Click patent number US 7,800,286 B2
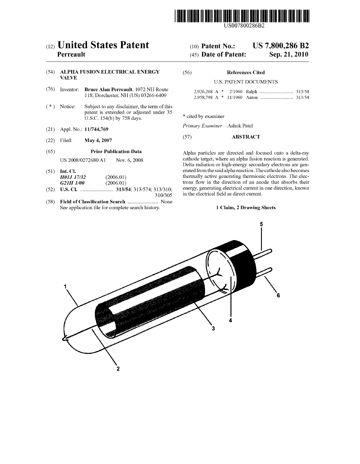281,46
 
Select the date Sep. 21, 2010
288,55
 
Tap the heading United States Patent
103,45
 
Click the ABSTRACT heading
246,137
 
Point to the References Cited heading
246,72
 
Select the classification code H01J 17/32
73,177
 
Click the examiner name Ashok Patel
240,126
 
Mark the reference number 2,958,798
203,97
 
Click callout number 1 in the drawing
66,286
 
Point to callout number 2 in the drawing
118,368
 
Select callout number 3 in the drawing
213,329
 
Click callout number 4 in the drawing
231,320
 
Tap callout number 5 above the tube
261,224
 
